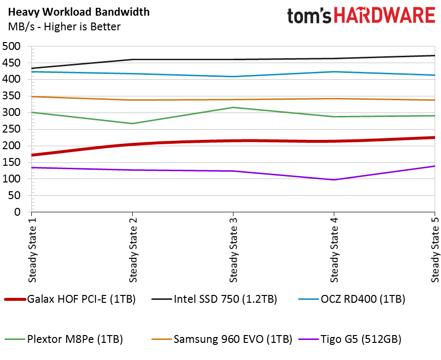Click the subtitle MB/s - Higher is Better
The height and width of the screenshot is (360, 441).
coord(64,26)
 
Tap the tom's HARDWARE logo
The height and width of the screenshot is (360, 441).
coord(361,16)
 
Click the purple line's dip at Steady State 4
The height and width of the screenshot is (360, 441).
coord(334,180)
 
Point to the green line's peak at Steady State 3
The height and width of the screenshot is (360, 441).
coord(233,108)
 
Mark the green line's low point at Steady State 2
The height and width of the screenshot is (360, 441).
coord(132,123)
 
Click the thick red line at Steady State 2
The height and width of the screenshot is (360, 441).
coord(132,144)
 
